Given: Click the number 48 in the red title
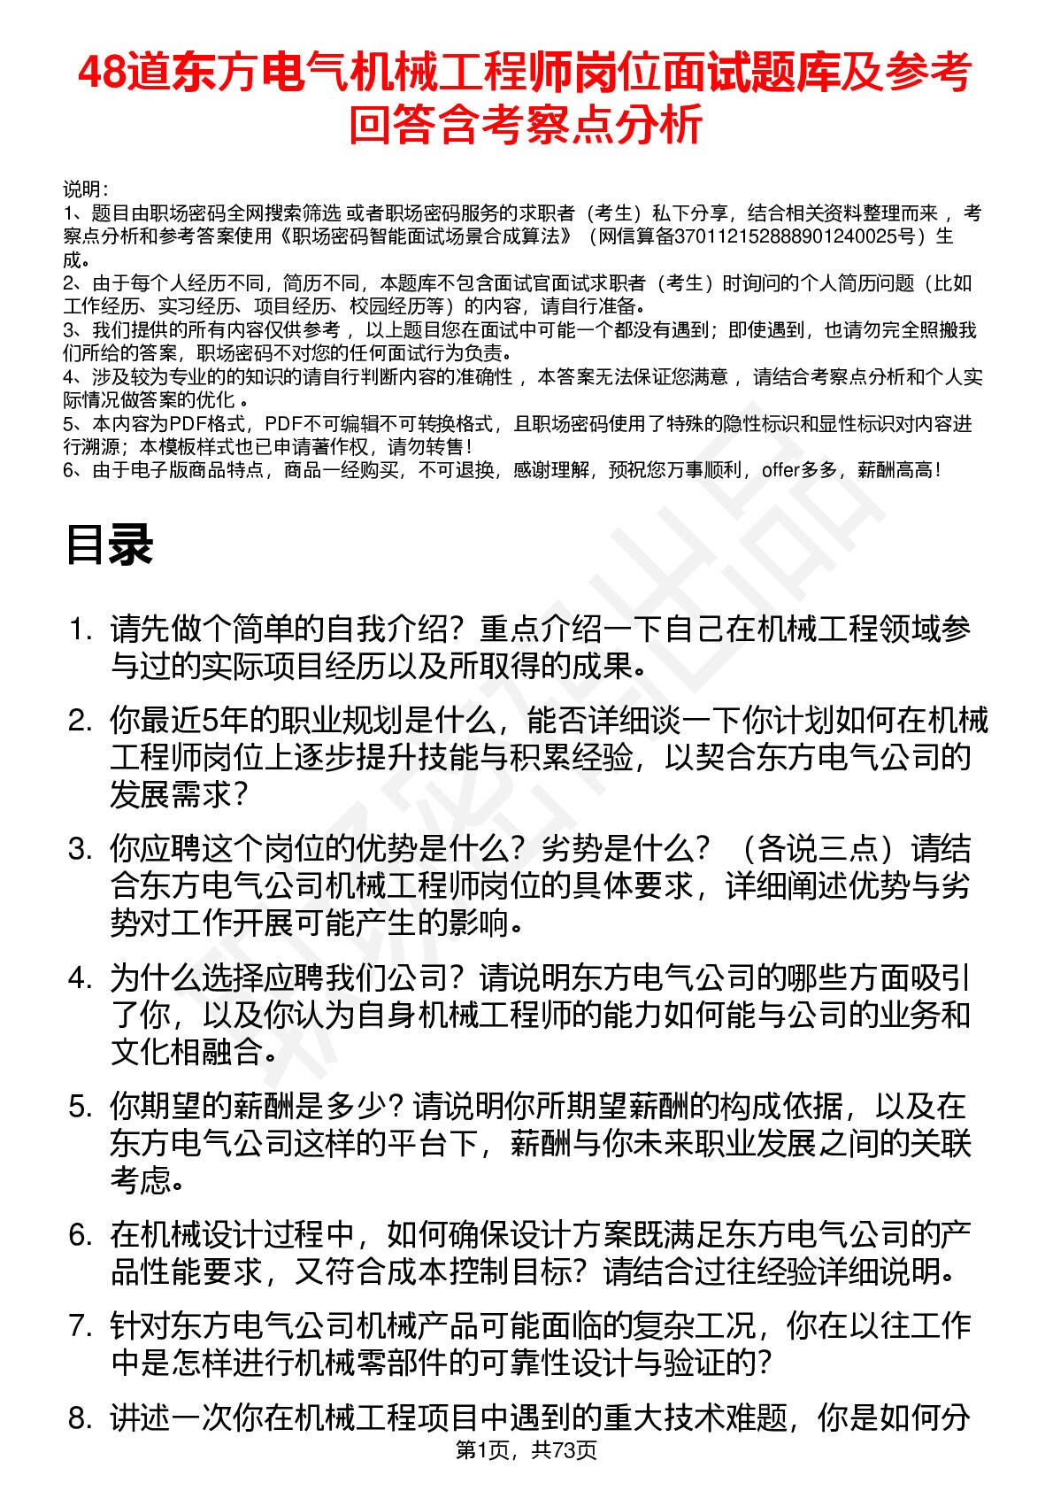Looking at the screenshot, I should pyautogui.click(x=101, y=73).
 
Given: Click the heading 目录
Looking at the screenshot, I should pyautogui.click(x=110, y=545).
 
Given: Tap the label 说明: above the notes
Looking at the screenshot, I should pyautogui.click(x=85, y=189).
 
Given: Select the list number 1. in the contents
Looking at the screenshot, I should pyautogui.click(x=81, y=630).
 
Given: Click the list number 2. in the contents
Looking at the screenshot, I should pyautogui.click(x=81, y=721).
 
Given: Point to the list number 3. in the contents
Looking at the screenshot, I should pyautogui.click(x=81, y=849).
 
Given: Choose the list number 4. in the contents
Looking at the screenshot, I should pyautogui.click(x=81, y=977).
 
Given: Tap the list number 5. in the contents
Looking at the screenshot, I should pyautogui.click(x=81, y=1106).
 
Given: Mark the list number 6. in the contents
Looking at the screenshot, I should pyautogui.click(x=81, y=1234).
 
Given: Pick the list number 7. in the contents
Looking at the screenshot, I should pyautogui.click(x=81, y=1325).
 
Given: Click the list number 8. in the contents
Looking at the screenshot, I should pyautogui.click(x=81, y=1418).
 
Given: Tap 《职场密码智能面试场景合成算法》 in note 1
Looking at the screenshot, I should pyautogui.click(x=425, y=236).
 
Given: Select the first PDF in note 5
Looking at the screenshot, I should pyautogui.click(x=188, y=423).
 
